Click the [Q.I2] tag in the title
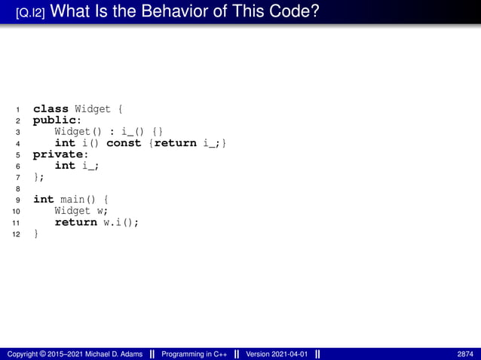click(34, 13)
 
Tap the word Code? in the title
click(294, 12)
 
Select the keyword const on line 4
click(124, 143)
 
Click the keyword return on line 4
click(175, 143)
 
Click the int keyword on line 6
click(65, 166)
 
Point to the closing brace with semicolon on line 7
click(38, 177)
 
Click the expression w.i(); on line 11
click(121, 222)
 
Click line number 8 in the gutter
click(17, 189)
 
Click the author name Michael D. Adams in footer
click(108, 354)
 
